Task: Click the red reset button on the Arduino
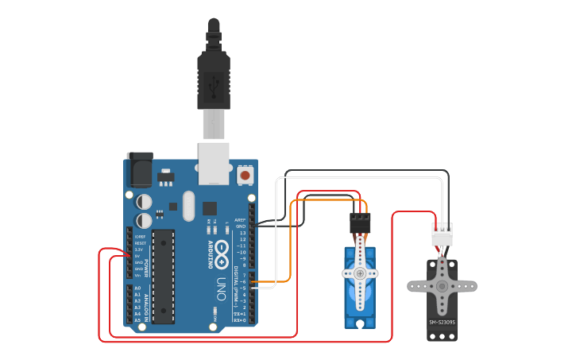245,174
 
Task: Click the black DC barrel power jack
140,168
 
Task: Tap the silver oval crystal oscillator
188,206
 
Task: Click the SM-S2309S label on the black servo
443,322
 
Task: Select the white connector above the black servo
442,234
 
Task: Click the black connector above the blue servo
360,223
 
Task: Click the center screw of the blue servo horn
360,273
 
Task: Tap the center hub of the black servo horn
442,285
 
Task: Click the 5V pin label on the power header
137,256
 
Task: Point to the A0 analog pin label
137,288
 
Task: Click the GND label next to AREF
241,226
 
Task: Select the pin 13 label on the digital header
242,233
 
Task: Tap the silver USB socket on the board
214,163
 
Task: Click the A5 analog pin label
137,320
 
